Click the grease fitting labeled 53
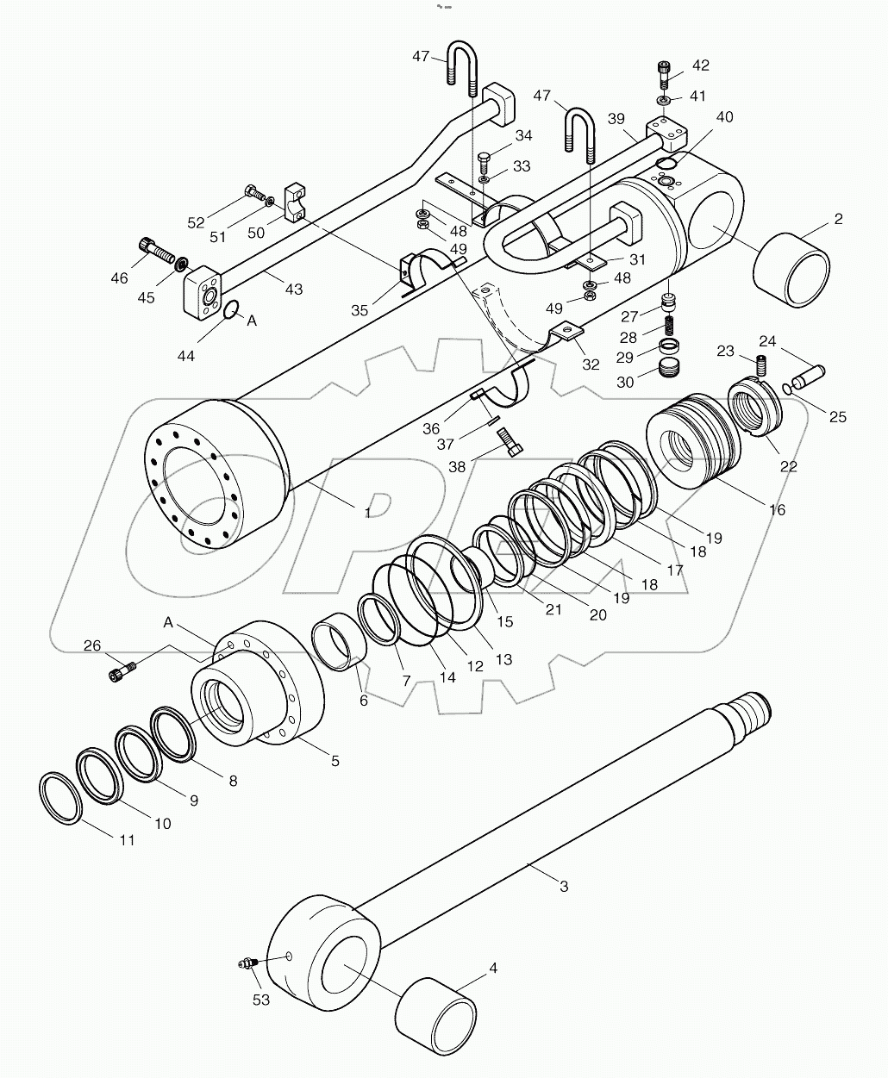(246, 964)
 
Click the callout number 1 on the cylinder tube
(368, 513)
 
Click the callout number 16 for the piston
(777, 510)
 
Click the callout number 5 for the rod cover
(335, 761)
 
